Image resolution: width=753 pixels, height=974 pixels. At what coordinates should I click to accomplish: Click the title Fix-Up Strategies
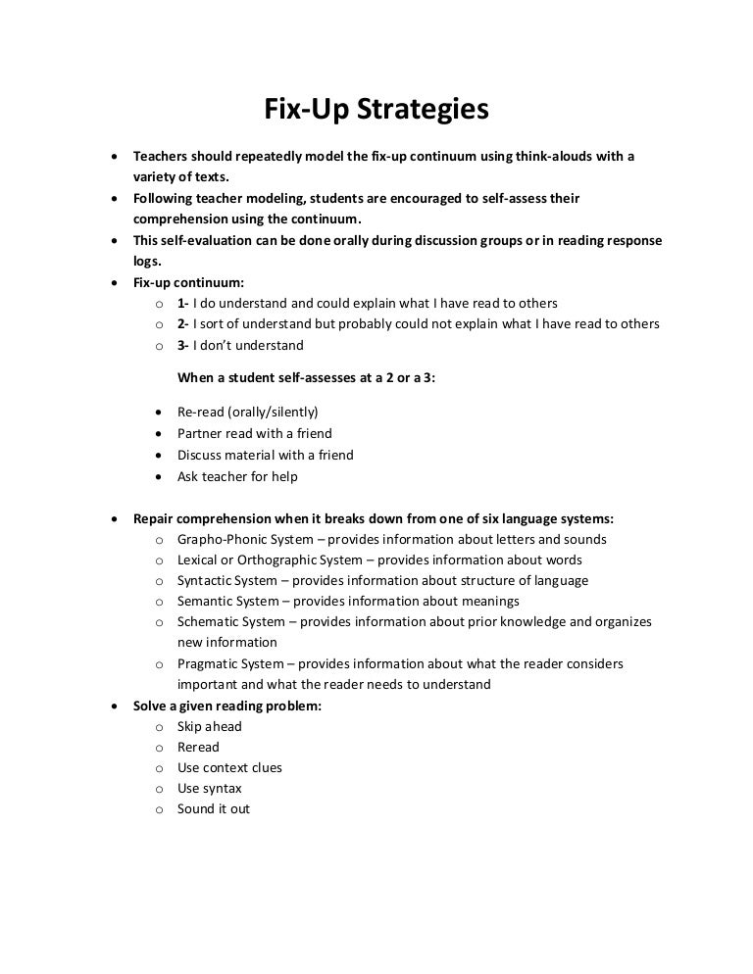(376, 110)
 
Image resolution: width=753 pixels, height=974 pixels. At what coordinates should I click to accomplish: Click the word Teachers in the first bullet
(162, 157)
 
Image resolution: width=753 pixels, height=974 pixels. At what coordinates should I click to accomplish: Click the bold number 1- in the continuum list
(183, 303)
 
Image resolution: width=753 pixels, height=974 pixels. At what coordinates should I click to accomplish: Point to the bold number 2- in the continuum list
(183, 324)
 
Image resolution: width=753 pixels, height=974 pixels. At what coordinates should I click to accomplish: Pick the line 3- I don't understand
(240, 345)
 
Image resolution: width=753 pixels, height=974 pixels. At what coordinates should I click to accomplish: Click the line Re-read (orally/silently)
(247, 413)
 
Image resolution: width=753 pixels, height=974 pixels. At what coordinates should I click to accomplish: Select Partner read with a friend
(254, 433)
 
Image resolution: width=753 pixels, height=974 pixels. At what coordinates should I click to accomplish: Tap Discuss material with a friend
(265, 455)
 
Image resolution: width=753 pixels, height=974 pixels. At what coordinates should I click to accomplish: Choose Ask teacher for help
(237, 476)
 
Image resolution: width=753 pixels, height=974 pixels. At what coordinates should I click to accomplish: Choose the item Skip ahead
(209, 726)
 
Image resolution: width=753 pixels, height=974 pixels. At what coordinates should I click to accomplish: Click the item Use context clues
(229, 767)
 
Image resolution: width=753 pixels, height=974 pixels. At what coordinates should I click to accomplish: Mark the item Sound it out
(213, 809)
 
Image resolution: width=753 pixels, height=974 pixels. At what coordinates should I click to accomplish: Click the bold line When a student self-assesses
(306, 377)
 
